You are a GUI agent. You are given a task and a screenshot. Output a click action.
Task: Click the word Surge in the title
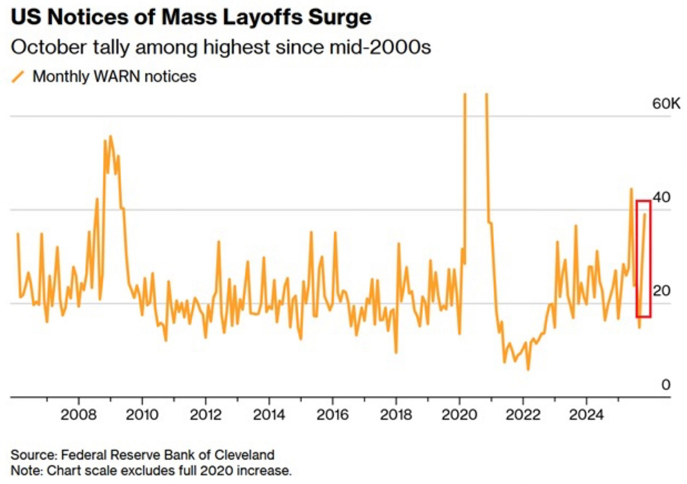pyautogui.click(x=340, y=17)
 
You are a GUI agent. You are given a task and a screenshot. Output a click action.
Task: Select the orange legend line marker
pyautogui.click(x=18, y=76)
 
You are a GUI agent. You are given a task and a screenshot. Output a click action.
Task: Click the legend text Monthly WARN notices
pyautogui.click(x=114, y=76)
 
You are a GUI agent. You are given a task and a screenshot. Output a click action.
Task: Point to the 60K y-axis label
pyautogui.click(x=666, y=103)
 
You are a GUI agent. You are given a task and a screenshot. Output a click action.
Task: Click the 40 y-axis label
pyautogui.click(x=662, y=197)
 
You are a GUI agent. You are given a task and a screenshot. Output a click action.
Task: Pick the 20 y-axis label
pyautogui.click(x=662, y=290)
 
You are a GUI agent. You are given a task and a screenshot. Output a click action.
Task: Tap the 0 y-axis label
pyautogui.click(x=665, y=385)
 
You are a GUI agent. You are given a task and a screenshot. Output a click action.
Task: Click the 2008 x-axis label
pyautogui.click(x=78, y=415)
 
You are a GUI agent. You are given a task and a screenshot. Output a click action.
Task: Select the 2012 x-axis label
pyautogui.click(x=205, y=415)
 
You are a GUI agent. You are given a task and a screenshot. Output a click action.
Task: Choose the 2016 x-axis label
pyautogui.click(x=332, y=415)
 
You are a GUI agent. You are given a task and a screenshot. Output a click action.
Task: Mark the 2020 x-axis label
pyautogui.click(x=459, y=415)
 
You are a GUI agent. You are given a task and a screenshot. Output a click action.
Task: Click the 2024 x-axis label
pyautogui.click(x=586, y=415)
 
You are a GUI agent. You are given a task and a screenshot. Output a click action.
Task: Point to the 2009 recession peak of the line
pyautogui.click(x=110, y=136)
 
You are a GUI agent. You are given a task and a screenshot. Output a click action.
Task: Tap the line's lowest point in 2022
pyautogui.click(x=528, y=369)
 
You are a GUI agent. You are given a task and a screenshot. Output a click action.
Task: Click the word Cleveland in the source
pyautogui.click(x=244, y=455)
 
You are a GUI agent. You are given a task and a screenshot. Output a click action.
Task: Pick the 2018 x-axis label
pyautogui.click(x=396, y=415)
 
